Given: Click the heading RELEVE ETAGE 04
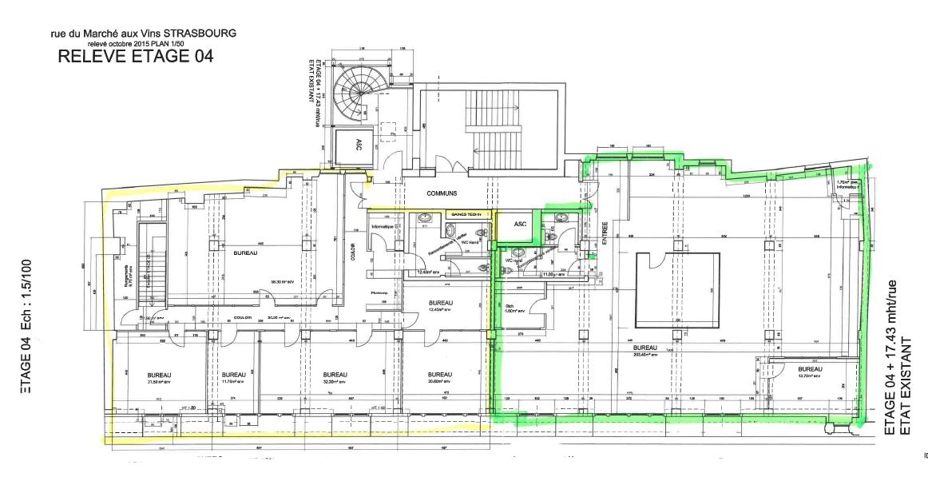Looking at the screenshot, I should tap(136, 57).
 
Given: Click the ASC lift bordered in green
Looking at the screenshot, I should tap(518, 225).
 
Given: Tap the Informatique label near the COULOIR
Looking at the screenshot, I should tap(383, 226).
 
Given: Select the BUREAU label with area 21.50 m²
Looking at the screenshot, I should tap(159, 374).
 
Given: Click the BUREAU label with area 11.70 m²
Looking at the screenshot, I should tap(234, 374).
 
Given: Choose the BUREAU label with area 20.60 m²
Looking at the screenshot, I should tap(440, 374).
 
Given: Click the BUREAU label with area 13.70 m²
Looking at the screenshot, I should tap(809, 369).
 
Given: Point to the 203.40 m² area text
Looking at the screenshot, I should tap(645, 355).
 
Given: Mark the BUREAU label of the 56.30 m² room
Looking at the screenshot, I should tap(245, 252).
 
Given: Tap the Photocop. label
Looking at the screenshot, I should tap(379, 292).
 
